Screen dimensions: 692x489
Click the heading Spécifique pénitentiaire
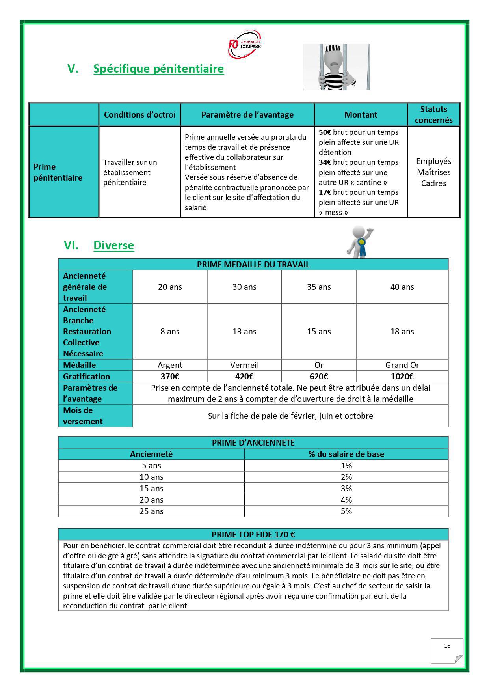[x=158, y=69]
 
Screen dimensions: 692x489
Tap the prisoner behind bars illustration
[x=336, y=67]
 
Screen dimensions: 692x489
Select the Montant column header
[x=361, y=115]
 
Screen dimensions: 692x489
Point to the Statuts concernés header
[x=433, y=115]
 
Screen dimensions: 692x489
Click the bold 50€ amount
[x=325, y=132]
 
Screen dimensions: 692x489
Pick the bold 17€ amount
[x=325, y=192]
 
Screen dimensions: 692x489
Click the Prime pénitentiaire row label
[x=58, y=172]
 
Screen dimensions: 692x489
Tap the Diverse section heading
[x=113, y=245]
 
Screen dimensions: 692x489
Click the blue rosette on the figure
[x=361, y=244]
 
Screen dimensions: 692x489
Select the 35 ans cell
[x=319, y=287]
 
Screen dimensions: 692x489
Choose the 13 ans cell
[x=244, y=332]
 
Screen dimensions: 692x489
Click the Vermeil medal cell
[x=244, y=365]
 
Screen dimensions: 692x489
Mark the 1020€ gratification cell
[x=402, y=377]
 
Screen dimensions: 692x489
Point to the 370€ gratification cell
[x=170, y=377]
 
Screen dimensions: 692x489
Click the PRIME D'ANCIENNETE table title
[x=253, y=443]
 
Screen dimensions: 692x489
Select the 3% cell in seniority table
[x=346, y=489]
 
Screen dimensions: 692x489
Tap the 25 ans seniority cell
[x=151, y=511]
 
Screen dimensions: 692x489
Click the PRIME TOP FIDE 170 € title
[x=253, y=535]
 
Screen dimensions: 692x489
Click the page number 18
[x=447, y=646]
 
